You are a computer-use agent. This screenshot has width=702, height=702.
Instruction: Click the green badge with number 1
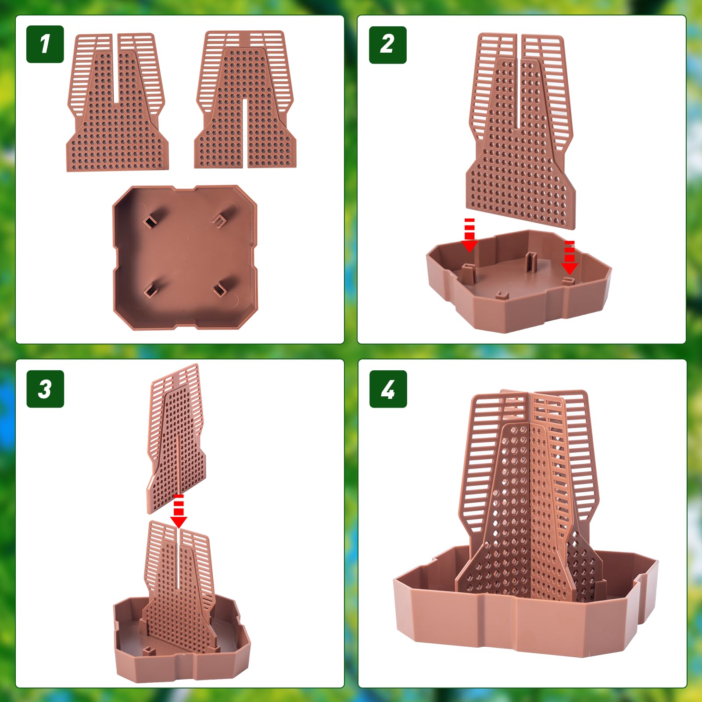(45, 44)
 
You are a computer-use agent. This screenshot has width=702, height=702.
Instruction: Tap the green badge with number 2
(388, 45)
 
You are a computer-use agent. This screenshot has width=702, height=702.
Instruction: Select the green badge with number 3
(45, 389)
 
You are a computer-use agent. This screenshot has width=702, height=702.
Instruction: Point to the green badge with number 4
(388, 389)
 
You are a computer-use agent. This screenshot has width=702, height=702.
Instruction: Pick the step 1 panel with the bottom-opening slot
(245, 100)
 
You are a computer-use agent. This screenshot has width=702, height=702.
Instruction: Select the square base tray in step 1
(185, 257)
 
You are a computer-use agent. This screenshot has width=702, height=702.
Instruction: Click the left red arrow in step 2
(469, 235)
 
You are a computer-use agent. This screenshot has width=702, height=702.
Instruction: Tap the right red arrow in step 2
(569, 258)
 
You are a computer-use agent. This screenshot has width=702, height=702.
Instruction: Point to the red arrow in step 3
(179, 511)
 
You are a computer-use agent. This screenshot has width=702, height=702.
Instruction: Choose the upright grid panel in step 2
(520, 130)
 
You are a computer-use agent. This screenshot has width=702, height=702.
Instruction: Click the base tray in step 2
(519, 281)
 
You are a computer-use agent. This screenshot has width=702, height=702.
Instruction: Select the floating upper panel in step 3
(176, 438)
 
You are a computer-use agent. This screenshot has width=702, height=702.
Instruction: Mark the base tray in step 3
(182, 641)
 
